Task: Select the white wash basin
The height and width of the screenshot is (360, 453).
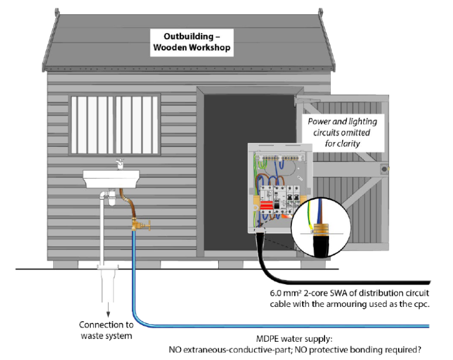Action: pyautogui.click(x=111, y=177)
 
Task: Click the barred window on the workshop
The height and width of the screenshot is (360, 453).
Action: pyautogui.click(x=115, y=122)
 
